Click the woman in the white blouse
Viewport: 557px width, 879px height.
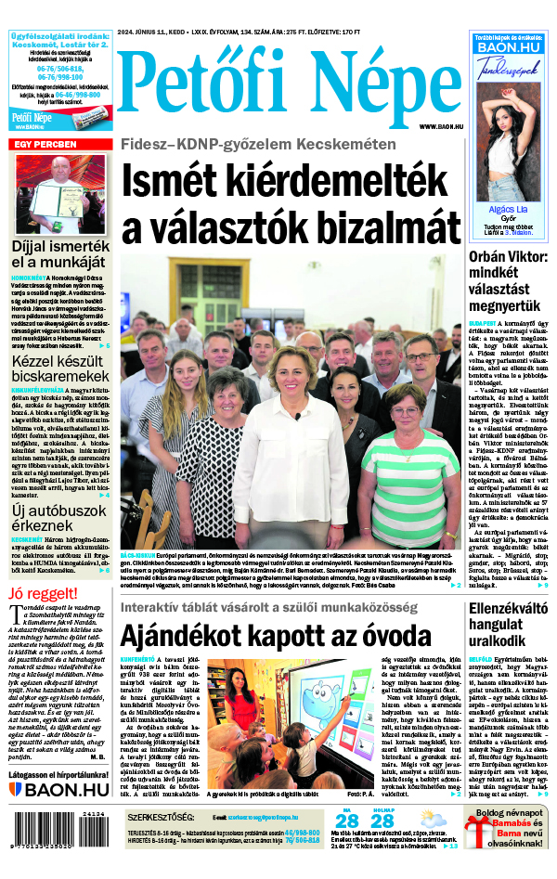click(x=291, y=436)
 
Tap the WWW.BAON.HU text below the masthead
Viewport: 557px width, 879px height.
click(x=441, y=126)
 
